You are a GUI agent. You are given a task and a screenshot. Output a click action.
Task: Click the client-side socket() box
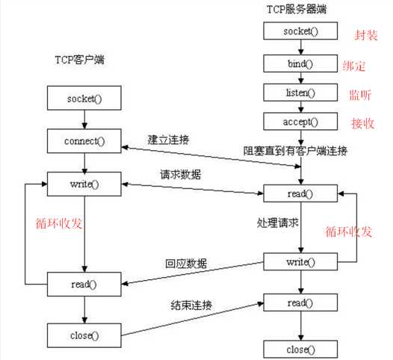tap(84, 98)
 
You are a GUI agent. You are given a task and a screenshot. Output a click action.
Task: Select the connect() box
tap(84, 140)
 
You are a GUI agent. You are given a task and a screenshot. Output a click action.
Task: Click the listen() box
tap(300, 92)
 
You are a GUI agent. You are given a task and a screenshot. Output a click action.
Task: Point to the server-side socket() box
tap(300, 31)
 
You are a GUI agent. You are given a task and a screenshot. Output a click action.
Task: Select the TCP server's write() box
tap(300, 263)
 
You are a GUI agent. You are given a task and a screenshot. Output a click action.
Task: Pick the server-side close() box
tap(300, 349)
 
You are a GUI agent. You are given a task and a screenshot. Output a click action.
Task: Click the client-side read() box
tap(84, 285)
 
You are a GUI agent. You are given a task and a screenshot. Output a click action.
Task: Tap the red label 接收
tap(362, 122)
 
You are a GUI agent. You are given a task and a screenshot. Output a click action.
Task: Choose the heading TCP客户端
tap(79, 60)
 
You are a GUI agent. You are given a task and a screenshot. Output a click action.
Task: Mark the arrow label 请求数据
tap(179, 175)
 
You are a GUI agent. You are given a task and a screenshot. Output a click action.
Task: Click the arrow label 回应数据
tap(186, 263)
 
